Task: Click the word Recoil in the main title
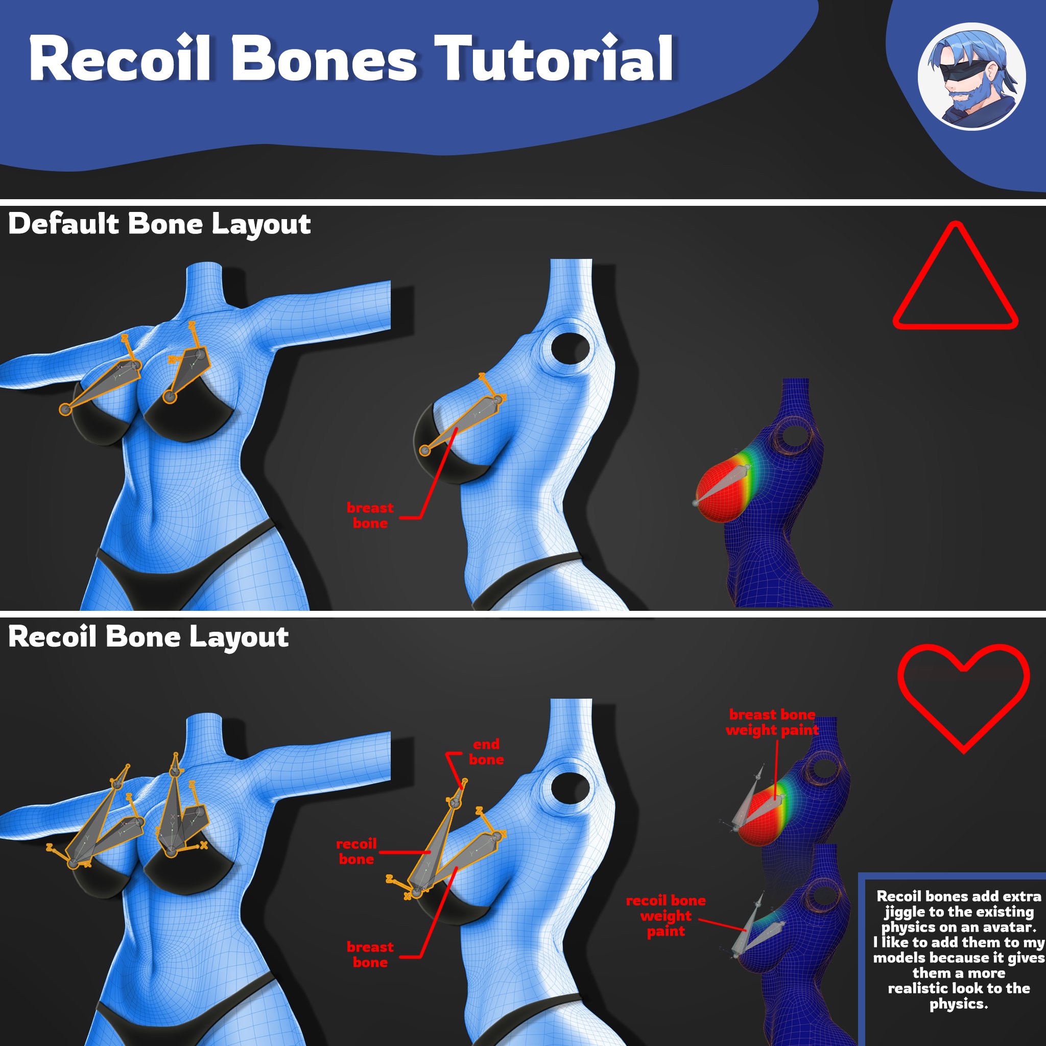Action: click(x=119, y=58)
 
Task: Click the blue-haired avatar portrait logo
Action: click(x=971, y=76)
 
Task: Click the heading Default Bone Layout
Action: click(x=160, y=224)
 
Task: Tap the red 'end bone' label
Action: click(x=486, y=752)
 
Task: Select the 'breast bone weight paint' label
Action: click(x=772, y=722)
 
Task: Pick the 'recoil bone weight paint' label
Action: click(x=665, y=916)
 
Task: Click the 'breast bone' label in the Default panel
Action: click(x=370, y=515)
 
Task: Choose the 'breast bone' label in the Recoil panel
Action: click(x=370, y=955)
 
